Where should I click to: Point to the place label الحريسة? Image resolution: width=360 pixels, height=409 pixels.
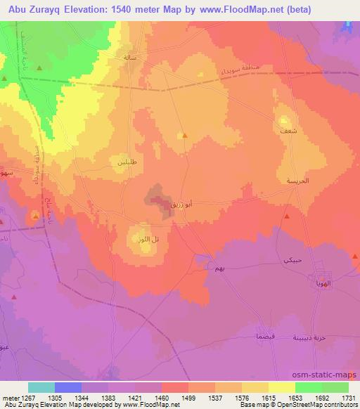click(297, 181)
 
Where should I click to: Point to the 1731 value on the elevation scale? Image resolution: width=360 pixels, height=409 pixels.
click(349, 397)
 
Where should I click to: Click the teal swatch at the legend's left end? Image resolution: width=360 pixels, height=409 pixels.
click(41, 387)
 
